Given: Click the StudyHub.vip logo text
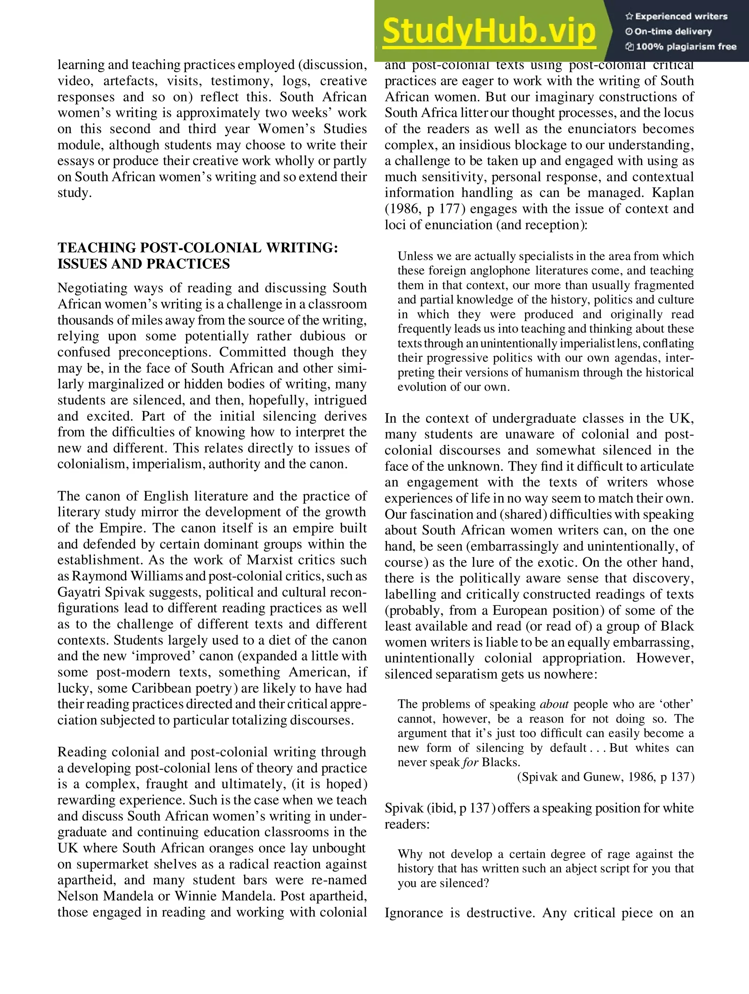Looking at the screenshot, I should [x=489, y=31].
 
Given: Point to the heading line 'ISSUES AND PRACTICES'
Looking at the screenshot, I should [x=143, y=264].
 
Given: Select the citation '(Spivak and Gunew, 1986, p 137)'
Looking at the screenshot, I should [x=605, y=777].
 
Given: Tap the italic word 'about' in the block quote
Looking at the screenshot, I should [x=554, y=704].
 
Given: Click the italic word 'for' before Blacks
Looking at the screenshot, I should [x=470, y=762].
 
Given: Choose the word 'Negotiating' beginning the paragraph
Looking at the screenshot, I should [x=93, y=288].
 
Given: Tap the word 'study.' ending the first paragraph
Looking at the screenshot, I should [x=75, y=193].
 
